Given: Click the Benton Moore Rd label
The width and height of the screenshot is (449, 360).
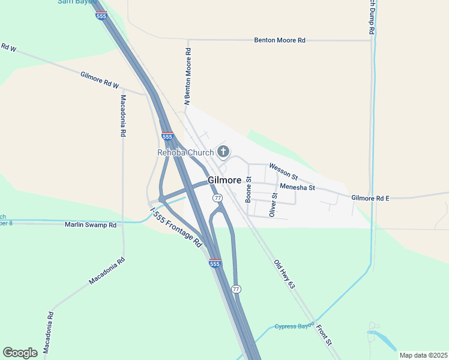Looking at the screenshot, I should (x=280, y=40).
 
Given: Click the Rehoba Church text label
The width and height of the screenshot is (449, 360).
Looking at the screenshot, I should (x=185, y=152).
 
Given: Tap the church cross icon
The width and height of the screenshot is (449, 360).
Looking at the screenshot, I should (x=223, y=151).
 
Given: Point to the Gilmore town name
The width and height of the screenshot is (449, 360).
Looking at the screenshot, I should (x=225, y=180).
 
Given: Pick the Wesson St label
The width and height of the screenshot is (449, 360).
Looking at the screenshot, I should (x=283, y=171).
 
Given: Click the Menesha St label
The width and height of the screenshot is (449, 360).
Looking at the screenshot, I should (x=298, y=187).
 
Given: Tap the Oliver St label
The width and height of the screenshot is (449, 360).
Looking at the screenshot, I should (x=273, y=205).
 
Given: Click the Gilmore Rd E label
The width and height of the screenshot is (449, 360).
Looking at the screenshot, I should (x=370, y=197).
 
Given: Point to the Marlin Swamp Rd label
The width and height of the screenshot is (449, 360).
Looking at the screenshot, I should (x=91, y=225).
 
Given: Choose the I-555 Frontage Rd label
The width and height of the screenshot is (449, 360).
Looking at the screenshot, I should (x=176, y=228).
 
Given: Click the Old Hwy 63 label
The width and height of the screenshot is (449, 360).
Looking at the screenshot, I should (x=285, y=274).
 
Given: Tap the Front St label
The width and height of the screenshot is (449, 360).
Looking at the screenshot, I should (x=324, y=334).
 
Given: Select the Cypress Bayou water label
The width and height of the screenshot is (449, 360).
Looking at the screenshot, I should (x=295, y=326).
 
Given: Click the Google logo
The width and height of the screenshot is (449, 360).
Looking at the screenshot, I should (x=20, y=352).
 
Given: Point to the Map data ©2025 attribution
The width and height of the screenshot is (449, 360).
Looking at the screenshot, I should (x=423, y=355).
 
